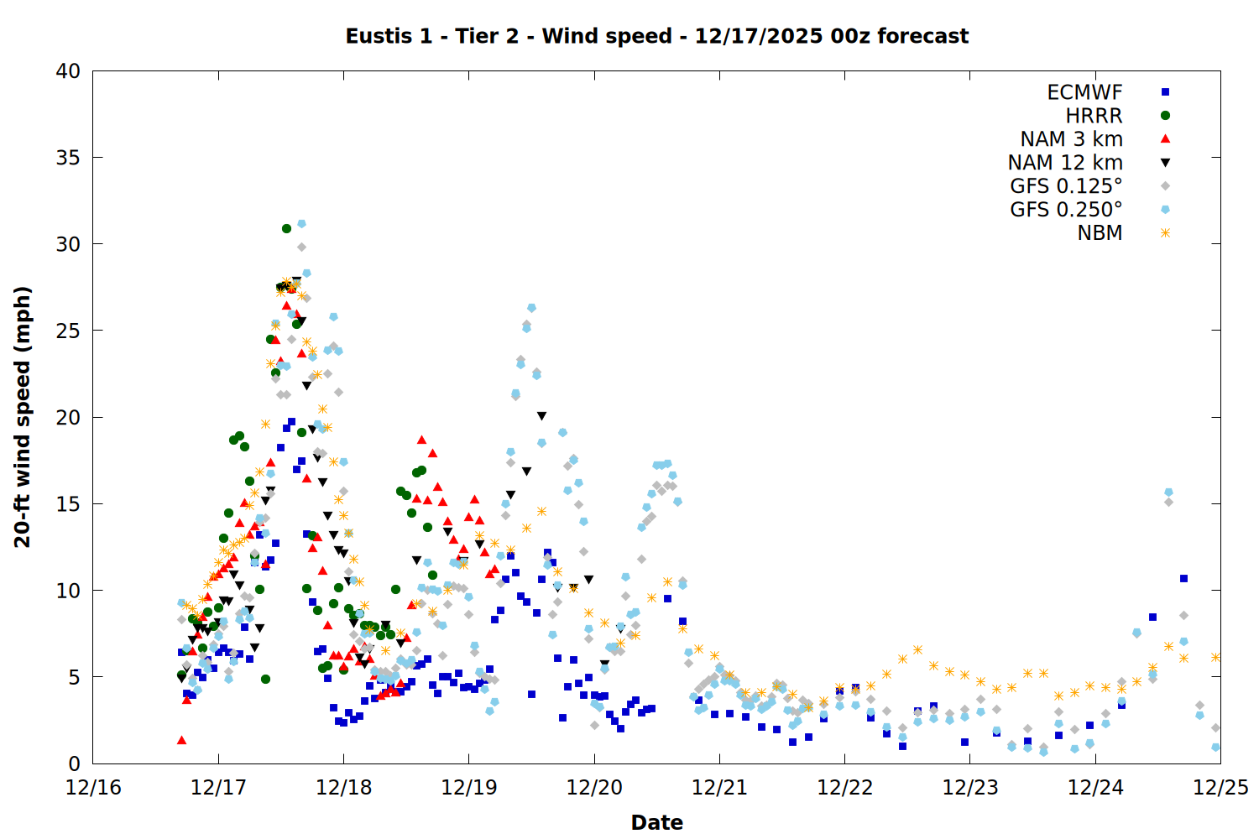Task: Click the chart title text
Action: click(656, 36)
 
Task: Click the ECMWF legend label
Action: click(1084, 92)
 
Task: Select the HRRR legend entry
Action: click(1094, 116)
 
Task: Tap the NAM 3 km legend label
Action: click(1071, 139)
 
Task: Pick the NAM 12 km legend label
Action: click(1065, 163)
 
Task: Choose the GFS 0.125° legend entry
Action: click(1066, 186)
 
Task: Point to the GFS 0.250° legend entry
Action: click(1066, 210)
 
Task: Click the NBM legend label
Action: click(1100, 233)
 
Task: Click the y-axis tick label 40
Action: click(68, 71)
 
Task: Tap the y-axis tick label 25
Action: click(68, 331)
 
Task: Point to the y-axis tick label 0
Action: click(74, 763)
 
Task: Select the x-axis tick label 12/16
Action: click(93, 788)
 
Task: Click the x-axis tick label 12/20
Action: click(594, 788)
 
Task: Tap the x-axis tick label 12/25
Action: click(1220, 788)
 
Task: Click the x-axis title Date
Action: click(656, 822)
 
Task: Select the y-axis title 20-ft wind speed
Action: click(23, 417)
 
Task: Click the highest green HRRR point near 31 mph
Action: click(286, 228)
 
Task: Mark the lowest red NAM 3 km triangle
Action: click(181, 740)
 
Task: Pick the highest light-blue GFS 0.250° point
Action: click(301, 224)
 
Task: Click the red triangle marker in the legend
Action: click(1165, 139)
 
